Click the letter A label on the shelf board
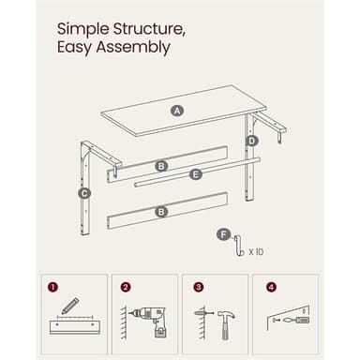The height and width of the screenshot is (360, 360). [x=177, y=111]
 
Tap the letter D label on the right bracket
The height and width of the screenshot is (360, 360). [x=251, y=142]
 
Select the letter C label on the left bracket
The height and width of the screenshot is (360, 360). [x=84, y=194]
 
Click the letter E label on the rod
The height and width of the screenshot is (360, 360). [x=196, y=174]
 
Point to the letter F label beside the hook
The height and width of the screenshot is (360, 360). [x=223, y=234]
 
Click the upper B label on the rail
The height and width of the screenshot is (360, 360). [x=161, y=166]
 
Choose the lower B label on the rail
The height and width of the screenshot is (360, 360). [x=161, y=212]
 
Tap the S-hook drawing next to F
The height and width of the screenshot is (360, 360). [x=239, y=246]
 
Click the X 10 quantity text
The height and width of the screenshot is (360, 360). [x=256, y=252]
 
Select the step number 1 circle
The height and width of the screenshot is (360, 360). [x=53, y=287]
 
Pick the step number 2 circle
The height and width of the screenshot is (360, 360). [x=126, y=287]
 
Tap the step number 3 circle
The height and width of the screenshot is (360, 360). [x=199, y=287]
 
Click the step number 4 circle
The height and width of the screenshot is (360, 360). [x=271, y=287]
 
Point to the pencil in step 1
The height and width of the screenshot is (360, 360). [x=70, y=306]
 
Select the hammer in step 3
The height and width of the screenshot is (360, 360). [x=226, y=324]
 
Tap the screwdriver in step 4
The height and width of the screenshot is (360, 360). [x=296, y=320]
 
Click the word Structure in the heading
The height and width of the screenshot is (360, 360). [x=148, y=29]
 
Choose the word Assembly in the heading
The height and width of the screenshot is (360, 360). [x=133, y=48]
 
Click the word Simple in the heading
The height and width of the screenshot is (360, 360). [x=83, y=30]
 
